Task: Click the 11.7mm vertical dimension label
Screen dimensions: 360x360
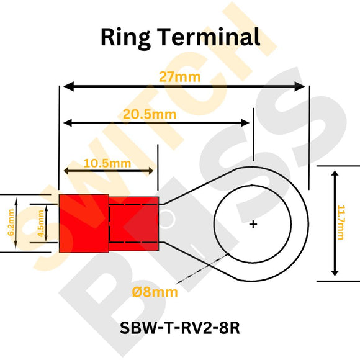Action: [x=341, y=222]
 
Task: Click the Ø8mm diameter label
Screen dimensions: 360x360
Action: [x=155, y=292]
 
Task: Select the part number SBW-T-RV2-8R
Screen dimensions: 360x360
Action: [x=179, y=328]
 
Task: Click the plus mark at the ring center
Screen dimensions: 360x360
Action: [x=253, y=224]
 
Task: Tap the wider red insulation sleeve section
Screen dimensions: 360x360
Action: [x=83, y=223]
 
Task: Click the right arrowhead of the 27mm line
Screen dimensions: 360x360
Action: [x=302, y=87]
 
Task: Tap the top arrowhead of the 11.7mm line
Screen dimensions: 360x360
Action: [x=335, y=176]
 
